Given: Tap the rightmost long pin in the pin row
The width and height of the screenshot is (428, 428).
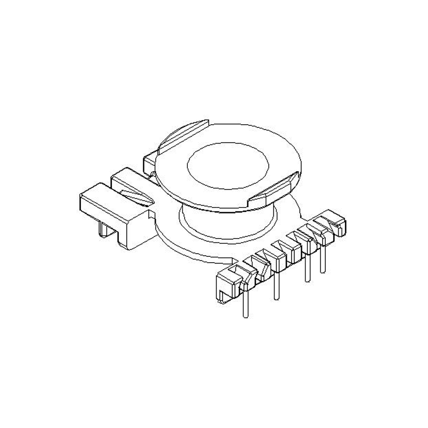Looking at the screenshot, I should (322, 257).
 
